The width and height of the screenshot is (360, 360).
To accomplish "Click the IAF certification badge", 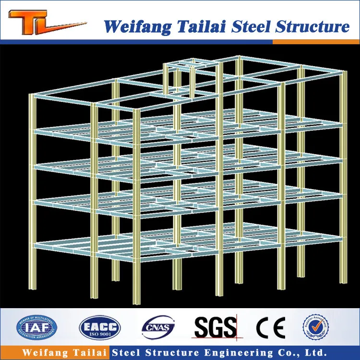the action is (x=34, y=326).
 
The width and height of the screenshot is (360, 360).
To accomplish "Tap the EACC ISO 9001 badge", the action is (x=100, y=326).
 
